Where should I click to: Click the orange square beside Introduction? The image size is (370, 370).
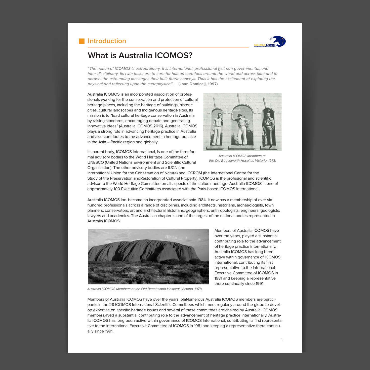click(82, 41)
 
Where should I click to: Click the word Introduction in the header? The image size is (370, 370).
click(107, 41)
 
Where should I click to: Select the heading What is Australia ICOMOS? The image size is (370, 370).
click(140, 55)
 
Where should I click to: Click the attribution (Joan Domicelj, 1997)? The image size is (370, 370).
click(198, 84)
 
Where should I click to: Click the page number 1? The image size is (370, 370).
click(282, 340)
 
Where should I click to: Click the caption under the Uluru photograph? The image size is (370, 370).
click(145, 289)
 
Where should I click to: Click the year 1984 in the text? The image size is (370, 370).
click(202, 200)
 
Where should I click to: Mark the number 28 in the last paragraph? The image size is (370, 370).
click(112, 305)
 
